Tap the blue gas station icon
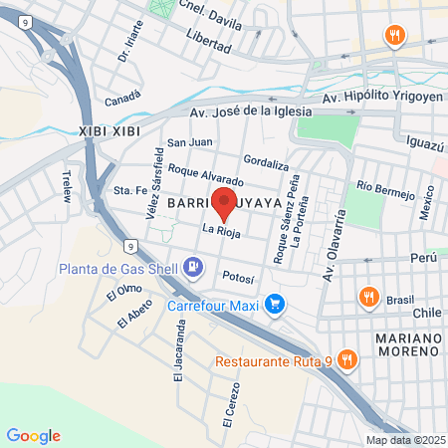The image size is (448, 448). [x=194, y=267]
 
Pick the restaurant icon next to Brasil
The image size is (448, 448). [x=368, y=297]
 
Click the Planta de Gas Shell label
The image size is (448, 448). [x=119, y=267]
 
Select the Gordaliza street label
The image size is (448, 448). [x=265, y=162]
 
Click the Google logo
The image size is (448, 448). [x=33, y=436]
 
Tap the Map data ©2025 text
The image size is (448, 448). [x=404, y=440]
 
